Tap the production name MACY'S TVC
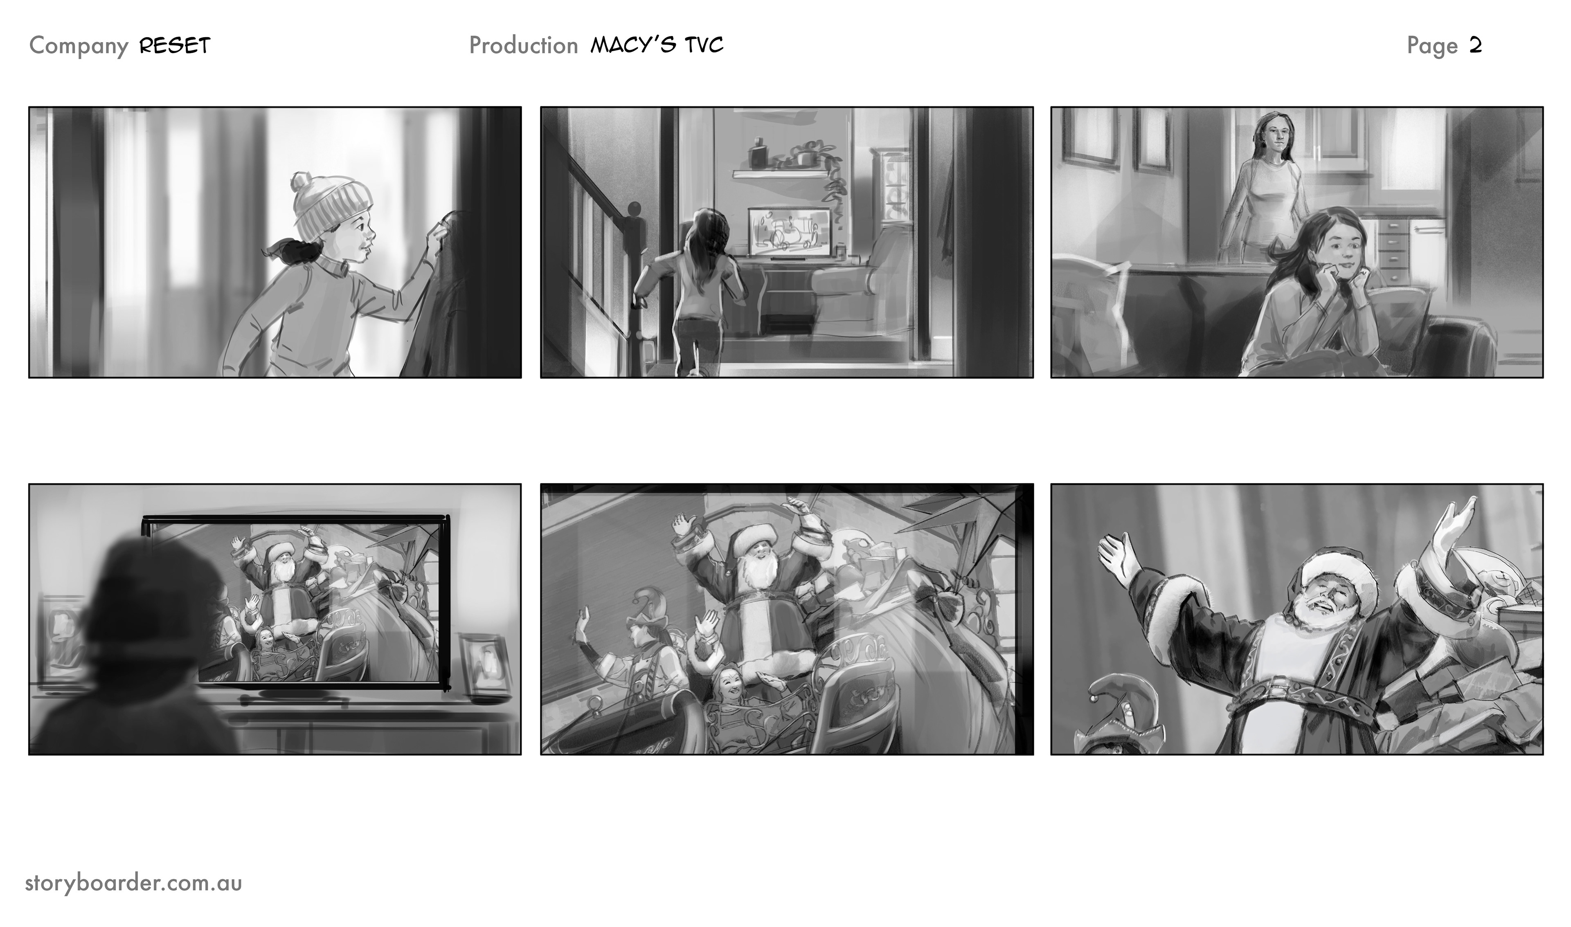pyautogui.click(x=657, y=45)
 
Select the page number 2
pyautogui.click(x=1475, y=46)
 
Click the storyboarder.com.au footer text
pyautogui.click(x=133, y=883)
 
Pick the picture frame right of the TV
pyautogui.click(x=486, y=662)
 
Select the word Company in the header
pyautogui.click(x=79, y=46)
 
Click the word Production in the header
pyautogui.click(x=524, y=46)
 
